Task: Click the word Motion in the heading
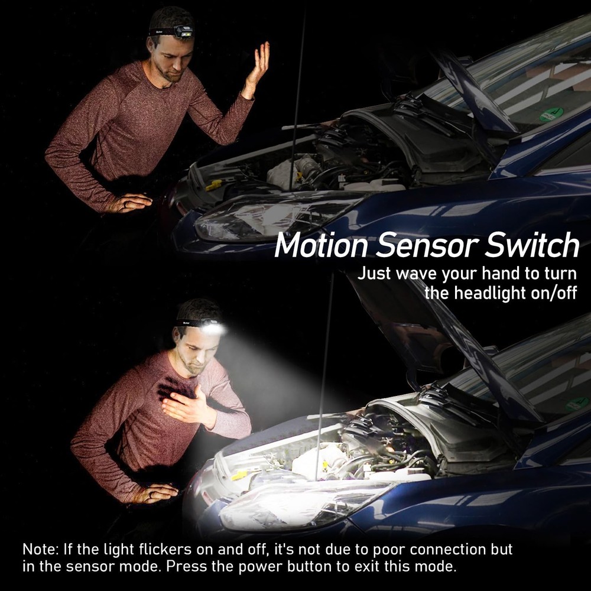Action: click(x=321, y=246)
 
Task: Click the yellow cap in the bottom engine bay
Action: click(x=239, y=475)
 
